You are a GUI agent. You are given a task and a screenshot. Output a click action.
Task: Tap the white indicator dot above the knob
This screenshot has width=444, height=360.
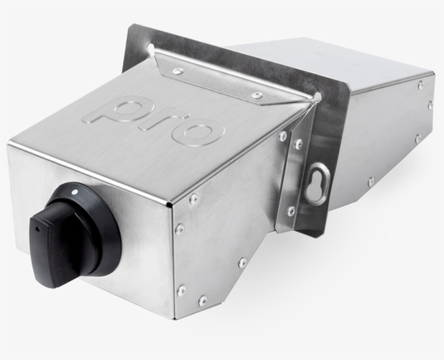tap(75, 193)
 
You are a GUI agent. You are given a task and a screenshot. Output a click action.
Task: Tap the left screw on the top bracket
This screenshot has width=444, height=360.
tap(177, 71)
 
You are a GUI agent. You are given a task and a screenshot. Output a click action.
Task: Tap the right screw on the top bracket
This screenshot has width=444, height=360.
tap(256, 95)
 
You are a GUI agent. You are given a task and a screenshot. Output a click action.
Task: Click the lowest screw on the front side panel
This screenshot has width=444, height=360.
tap(203, 301)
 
